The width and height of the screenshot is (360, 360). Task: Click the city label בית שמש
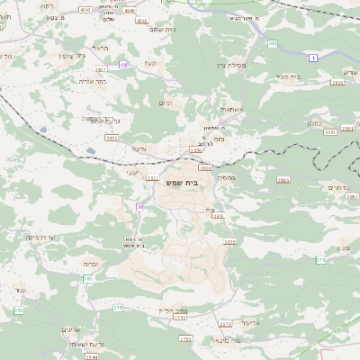[x=181, y=183]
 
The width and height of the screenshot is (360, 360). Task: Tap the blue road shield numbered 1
[x=313, y=58]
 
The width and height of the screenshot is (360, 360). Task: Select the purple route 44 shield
[x=122, y=65]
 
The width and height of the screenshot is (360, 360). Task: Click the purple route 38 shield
[x=140, y=207]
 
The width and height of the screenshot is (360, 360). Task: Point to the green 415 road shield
[x=273, y=42]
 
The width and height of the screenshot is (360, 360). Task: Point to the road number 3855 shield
[x=229, y=241]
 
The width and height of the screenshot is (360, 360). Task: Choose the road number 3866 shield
[x=283, y=180]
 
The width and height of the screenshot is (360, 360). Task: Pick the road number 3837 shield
[x=101, y=68]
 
